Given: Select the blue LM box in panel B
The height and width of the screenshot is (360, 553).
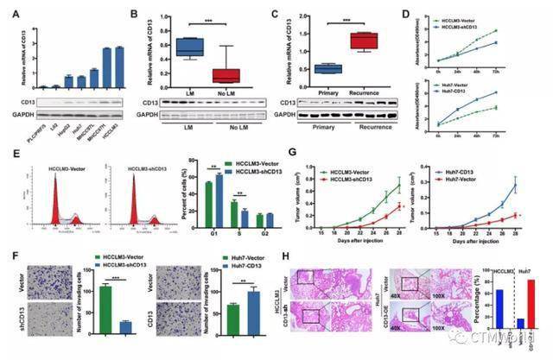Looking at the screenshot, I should point(188,47).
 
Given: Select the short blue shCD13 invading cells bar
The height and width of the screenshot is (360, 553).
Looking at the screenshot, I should point(125,327).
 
